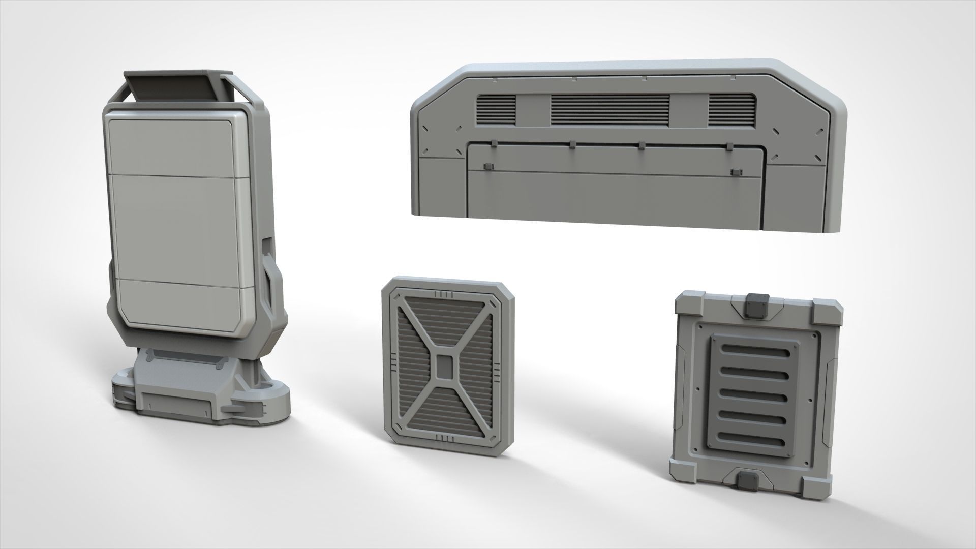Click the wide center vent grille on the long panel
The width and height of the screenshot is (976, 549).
[x=610, y=108]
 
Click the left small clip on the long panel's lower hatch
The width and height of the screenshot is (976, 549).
[x=489, y=167]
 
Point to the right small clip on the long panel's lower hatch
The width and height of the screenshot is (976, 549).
[x=733, y=173]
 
